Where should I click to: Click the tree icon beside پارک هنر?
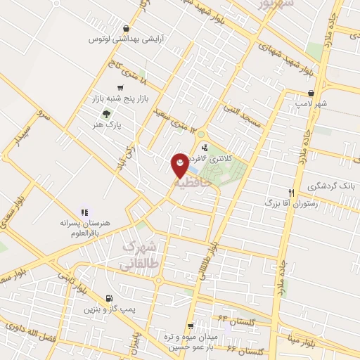click(x=105, y=114)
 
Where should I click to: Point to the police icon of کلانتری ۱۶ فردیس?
click(x=205, y=148)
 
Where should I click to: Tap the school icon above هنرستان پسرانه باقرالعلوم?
click(x=84, y=211)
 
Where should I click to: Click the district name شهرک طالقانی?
click(x=142, y=257)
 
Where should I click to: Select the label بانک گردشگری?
click(x=330, y=187)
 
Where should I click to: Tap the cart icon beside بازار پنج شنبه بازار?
click(x=122, y=88)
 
